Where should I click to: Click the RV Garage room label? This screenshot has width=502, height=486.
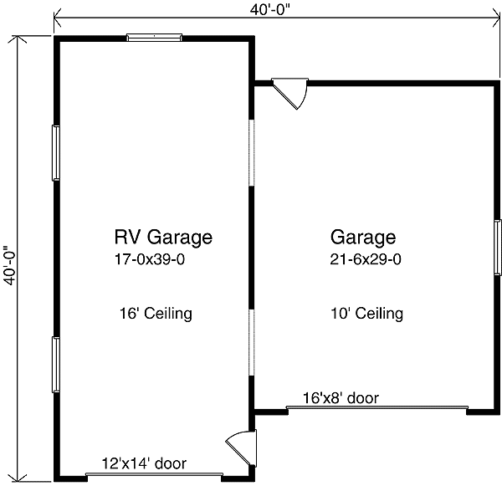(x=163, y=237)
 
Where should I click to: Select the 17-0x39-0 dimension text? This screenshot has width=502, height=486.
(x=156, y=259)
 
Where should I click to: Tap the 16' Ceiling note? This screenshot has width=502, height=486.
(x=156, y=314)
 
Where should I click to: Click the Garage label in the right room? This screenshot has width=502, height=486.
(x=363, y=237)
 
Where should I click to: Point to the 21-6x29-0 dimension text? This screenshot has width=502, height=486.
(x=366, y=259)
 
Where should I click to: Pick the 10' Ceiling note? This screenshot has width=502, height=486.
(x=366, y=314)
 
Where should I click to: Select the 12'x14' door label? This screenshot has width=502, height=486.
(x=144, y=463)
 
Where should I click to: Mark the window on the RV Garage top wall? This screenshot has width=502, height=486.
(x=154, y=36)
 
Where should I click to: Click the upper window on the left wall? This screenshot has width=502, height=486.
(x=56, y=151)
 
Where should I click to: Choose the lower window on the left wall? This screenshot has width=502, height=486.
(x=56, y=364)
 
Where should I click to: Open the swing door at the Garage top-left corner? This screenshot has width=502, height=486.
(x=292, y=94)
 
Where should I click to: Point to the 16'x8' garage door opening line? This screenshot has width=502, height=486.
(x=376, y=408)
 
